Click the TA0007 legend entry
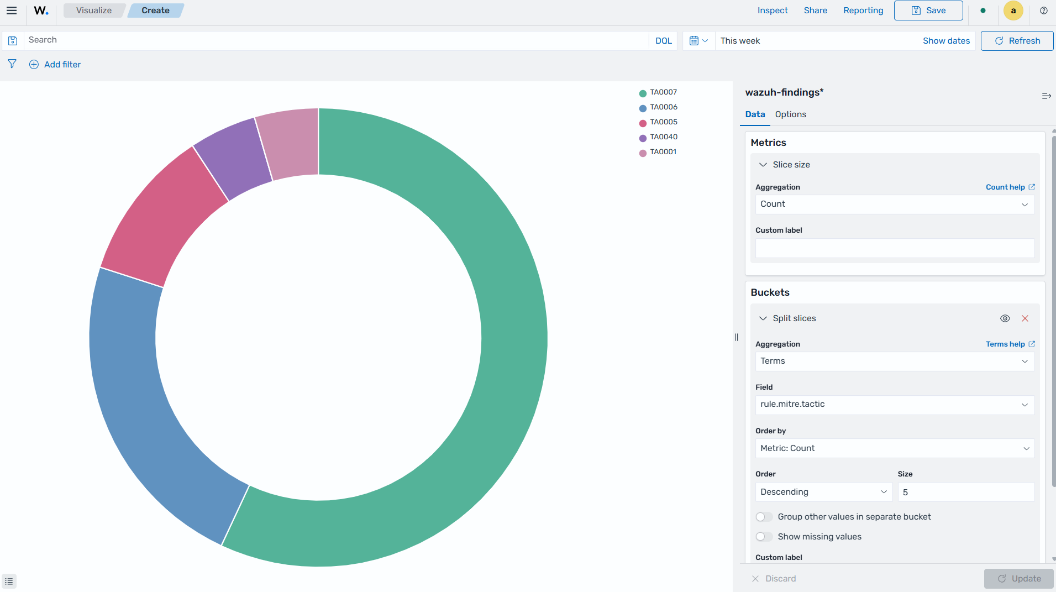[x=658, y=92]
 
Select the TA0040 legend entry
[x=658, y=137]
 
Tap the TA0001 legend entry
[x=658, y=152]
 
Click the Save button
[x=928, y=11]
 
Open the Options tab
[x=790, y=114]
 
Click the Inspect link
[x=773, y=11]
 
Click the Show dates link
[x=946, y=41]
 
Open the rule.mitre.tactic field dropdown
[x=895, y=405]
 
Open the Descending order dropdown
[x=823, y=492]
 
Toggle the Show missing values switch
[x=764, y=537]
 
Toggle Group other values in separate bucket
[x=764, y=517]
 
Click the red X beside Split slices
[x=1025, y=318]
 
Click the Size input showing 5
[x=966, y=492]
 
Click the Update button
[x=1018, y=579]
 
